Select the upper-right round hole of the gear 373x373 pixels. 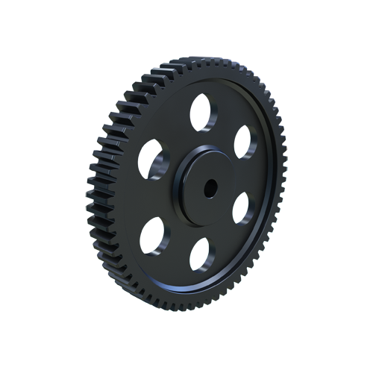[245, 142]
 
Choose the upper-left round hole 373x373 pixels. [154, 159]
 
